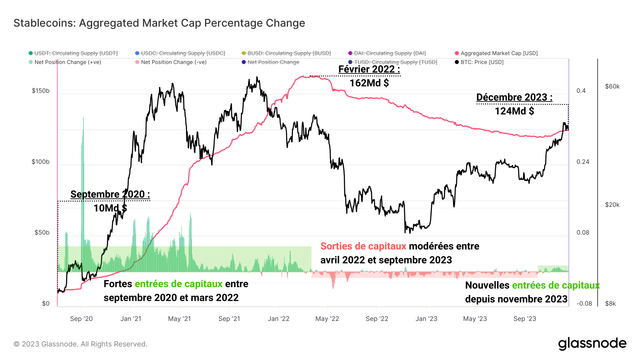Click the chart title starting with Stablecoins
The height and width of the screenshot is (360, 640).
coord(159,23)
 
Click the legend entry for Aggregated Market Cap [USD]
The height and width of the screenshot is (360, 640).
coord(498,53)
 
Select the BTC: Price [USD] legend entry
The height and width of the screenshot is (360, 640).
coord(482,62)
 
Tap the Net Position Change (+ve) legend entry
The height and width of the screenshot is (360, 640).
coord(68,62)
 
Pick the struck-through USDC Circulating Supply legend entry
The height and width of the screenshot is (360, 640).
coord(183,53)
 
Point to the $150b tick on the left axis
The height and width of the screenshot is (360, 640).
coord(41,91)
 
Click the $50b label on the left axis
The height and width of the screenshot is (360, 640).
coord(42,232)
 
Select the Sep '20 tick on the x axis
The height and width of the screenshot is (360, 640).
coord(81,319)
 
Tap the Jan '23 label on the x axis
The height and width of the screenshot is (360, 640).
coord(426,319)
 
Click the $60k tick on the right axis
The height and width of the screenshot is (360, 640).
coord(612,86)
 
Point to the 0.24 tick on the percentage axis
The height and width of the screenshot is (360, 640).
coord(583,162)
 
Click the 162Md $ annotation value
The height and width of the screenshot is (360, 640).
coord(369,83)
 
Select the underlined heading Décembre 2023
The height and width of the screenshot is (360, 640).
coord(514,97)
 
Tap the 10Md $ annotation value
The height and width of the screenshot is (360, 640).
coord(110,208)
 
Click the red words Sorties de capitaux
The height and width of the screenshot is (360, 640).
coord(363,246)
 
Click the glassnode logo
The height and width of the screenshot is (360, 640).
coord(592,344)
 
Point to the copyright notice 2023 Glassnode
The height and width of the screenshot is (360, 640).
coord(80,344)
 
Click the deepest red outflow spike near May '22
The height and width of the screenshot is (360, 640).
coord(333,286)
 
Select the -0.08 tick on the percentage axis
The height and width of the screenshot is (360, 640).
coord(584,303)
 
